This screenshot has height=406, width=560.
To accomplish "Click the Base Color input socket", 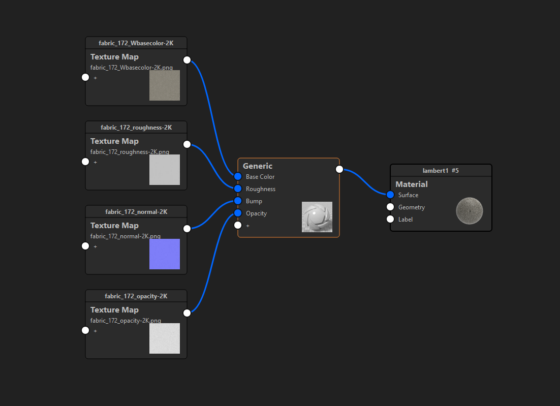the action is [x=238, y=176].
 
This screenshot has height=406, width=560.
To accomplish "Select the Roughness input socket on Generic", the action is [x=238, y=189].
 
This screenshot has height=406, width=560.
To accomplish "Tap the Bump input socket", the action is [x=238, y=201].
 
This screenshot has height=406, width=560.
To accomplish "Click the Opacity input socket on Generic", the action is [x=238, y=213].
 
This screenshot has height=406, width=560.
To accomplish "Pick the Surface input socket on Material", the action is [x=390, y=195].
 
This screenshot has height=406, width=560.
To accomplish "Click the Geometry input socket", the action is [x=390, y=207].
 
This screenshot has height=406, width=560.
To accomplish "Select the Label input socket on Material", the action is [x=390, y=219].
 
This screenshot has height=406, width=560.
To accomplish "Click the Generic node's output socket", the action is [x=339, y=169].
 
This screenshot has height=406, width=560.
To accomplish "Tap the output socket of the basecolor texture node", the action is [x=187, y=60].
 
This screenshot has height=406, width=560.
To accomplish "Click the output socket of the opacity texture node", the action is [x=187, y=313].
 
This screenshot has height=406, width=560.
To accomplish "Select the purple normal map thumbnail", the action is [x=165, y=254].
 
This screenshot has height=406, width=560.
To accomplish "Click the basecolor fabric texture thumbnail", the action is [x=165, y=85].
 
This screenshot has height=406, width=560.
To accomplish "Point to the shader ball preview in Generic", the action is [x=317, y=217].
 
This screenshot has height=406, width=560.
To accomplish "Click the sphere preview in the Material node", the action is [x=469, y=211].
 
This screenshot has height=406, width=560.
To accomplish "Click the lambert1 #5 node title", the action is [x=441, y=171].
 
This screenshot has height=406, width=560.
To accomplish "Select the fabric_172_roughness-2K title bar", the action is [x=136, y=128].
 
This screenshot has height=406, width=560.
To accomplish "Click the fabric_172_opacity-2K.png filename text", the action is [x=126, y=321].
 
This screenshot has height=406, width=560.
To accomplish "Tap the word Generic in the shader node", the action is [x=258, y=166].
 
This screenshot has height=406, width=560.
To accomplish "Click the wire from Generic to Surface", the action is [x=365, y=182].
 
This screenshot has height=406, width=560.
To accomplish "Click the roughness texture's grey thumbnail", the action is [x=165, y=170].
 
